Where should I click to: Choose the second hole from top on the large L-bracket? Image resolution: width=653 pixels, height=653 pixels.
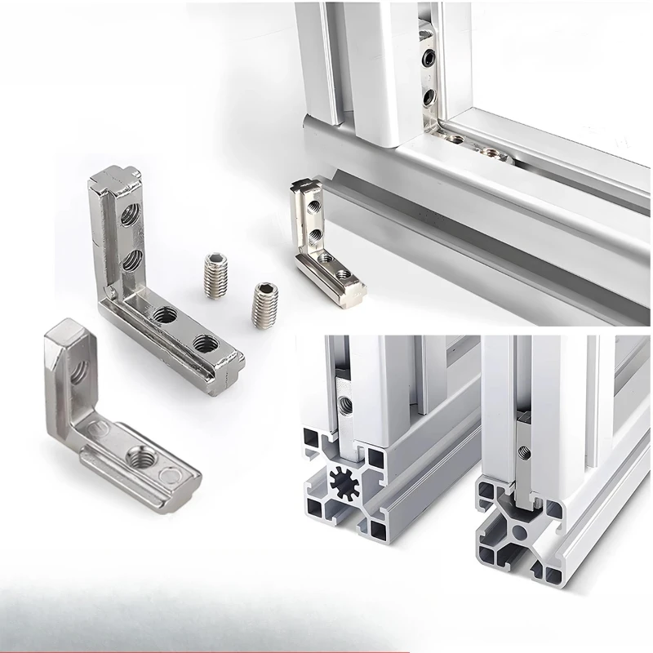coord(129,260)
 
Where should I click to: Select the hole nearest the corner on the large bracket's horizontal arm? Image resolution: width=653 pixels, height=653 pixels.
coord(162,313)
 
